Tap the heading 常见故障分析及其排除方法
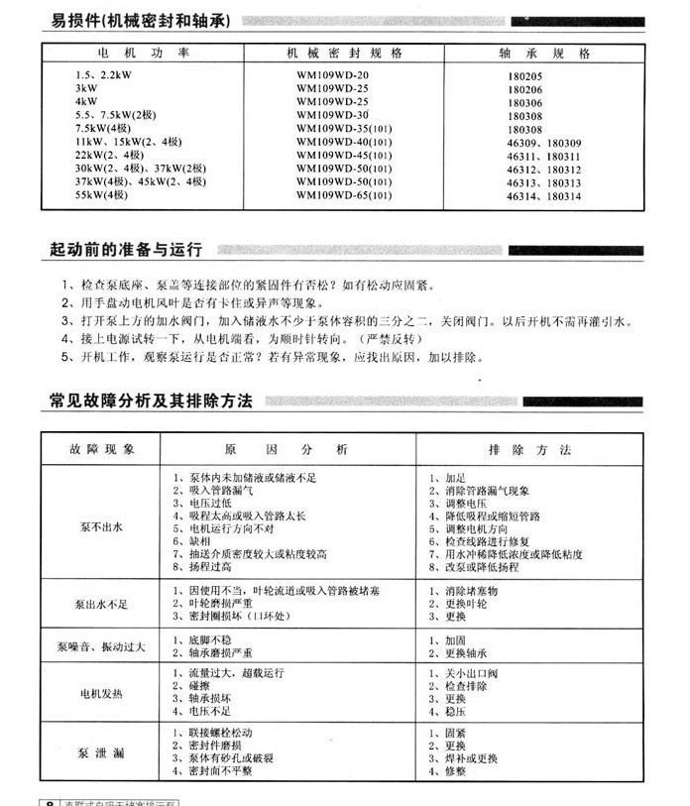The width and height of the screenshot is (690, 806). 151,402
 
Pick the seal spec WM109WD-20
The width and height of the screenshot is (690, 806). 332,75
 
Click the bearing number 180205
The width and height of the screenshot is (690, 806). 524,75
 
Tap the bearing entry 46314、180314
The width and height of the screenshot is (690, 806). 543,196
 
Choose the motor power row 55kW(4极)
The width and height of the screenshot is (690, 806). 103,196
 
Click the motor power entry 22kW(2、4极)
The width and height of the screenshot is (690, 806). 110,156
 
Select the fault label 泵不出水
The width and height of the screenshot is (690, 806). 101,527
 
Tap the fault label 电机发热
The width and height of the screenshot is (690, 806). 101,693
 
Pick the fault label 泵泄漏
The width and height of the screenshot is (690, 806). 101,754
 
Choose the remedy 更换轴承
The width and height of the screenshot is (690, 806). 466,653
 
